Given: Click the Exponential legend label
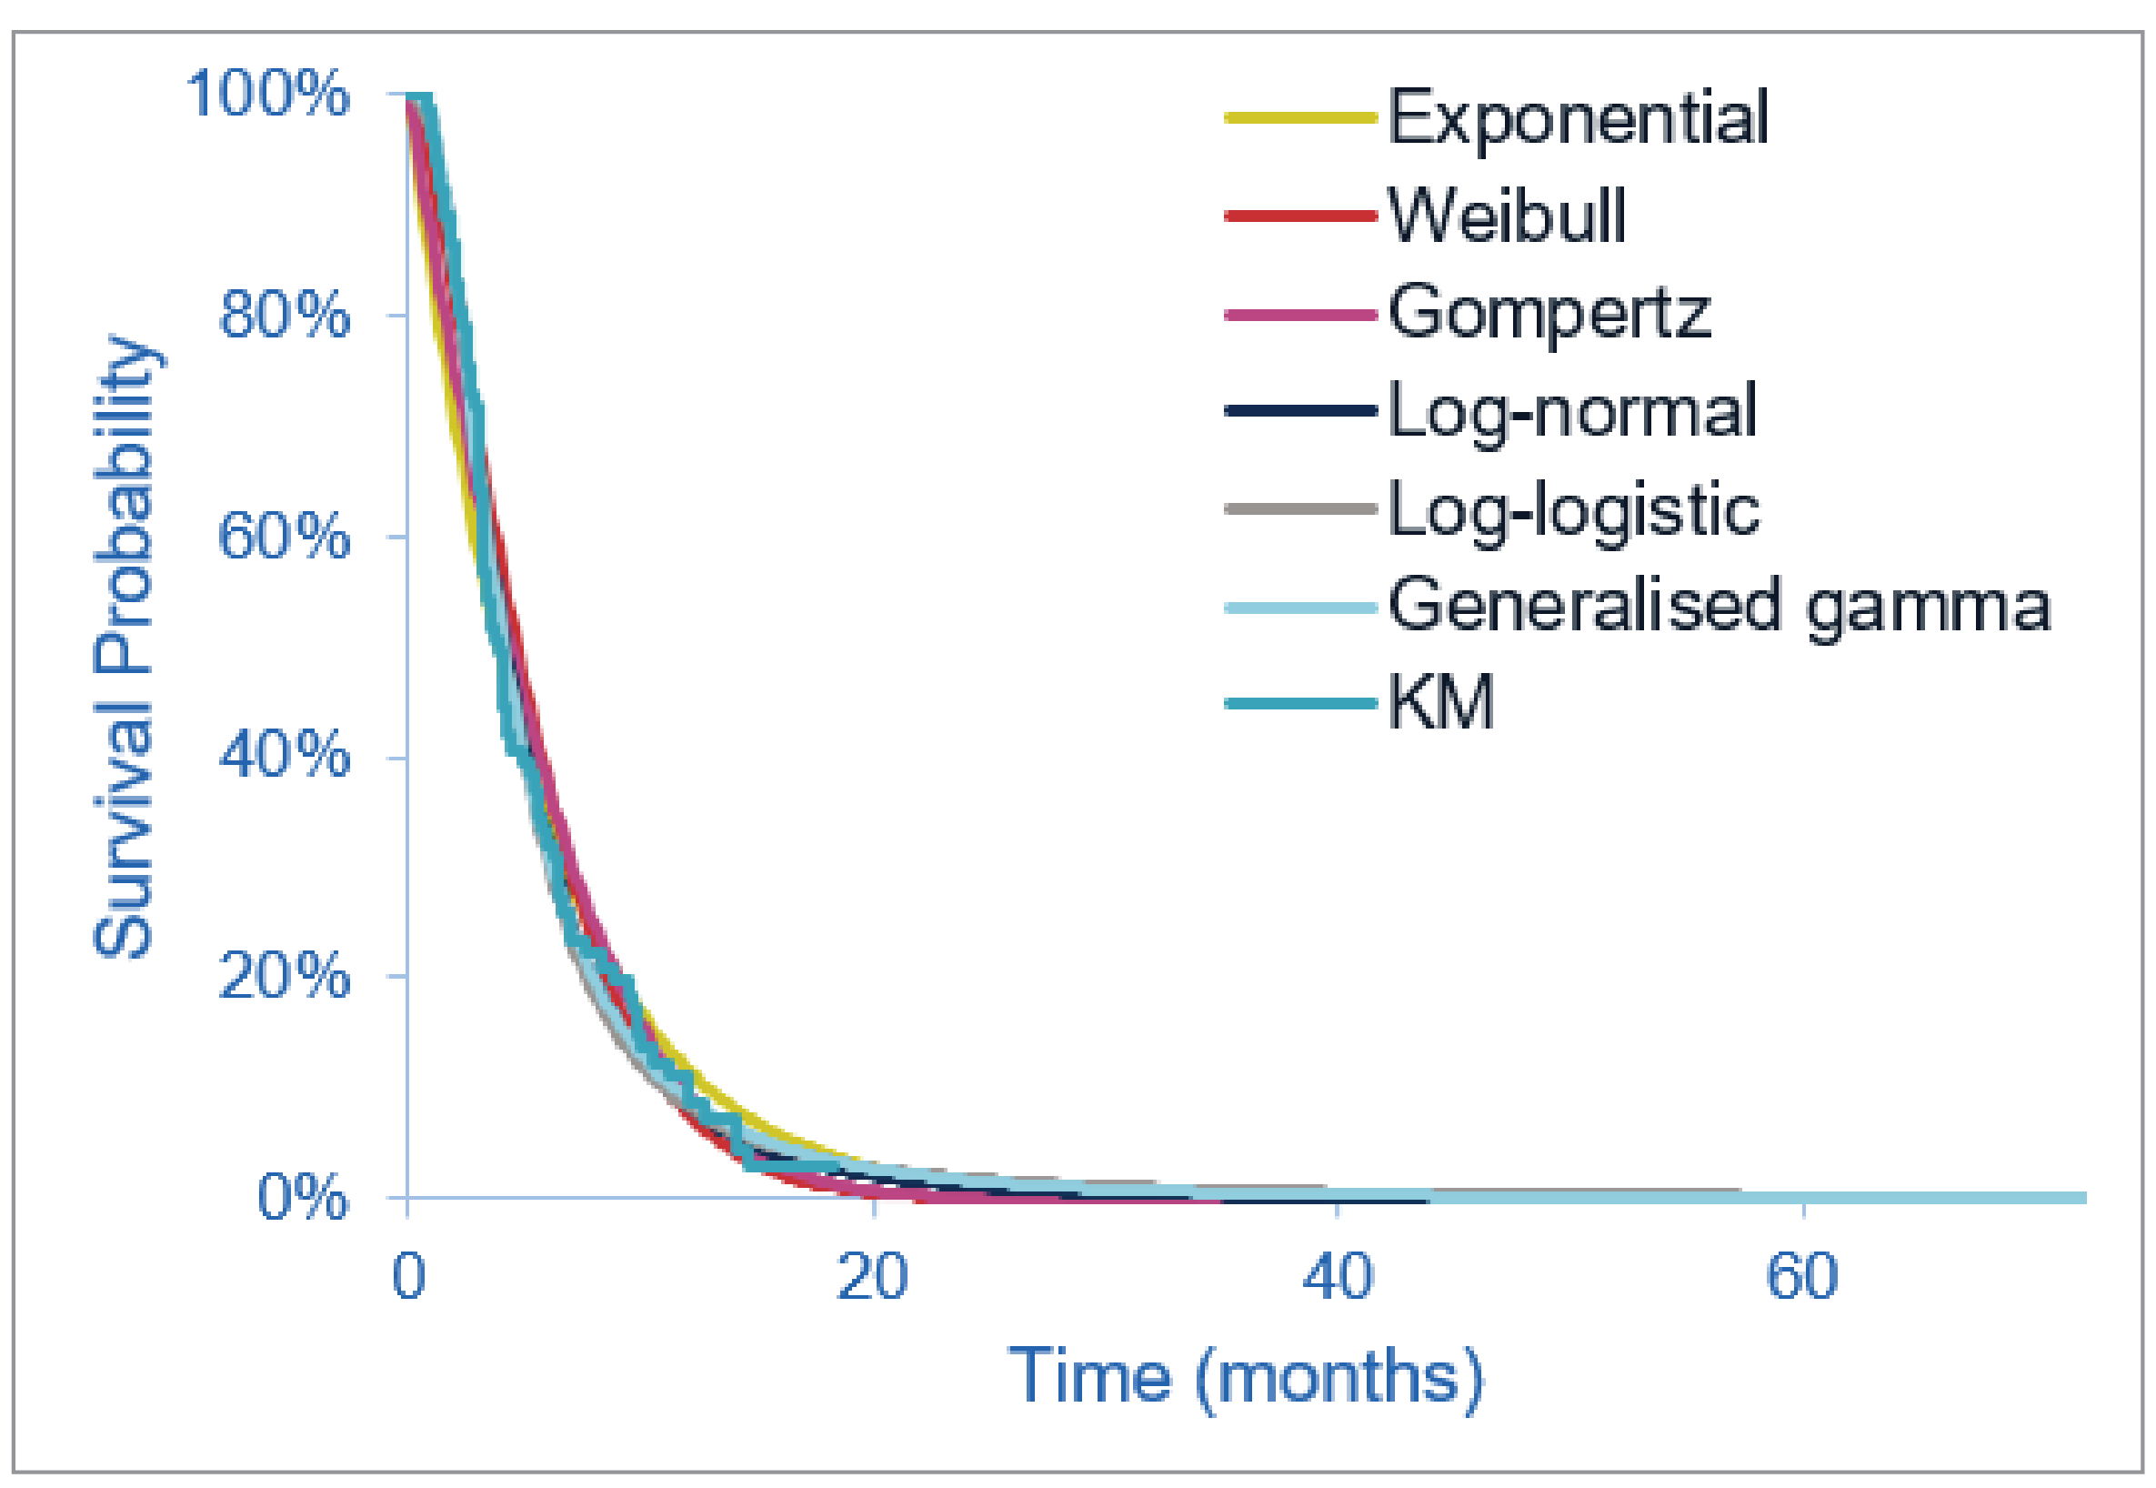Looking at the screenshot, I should (x=1577, y=118).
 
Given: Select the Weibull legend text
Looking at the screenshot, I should (x=1507, y=216).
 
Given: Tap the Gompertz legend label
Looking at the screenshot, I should (x=1549, y=314).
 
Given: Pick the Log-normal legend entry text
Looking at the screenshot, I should (x=1572, y=412).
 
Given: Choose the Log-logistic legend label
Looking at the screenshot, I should (x=1573, y=511).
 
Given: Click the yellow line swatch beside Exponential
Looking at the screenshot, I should (x=1300, y=118).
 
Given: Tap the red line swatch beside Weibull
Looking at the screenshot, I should (x=1300, y=216).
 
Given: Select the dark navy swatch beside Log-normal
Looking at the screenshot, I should (x=1300, y=411).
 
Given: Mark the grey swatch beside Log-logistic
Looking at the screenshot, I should (x=1300, y=509).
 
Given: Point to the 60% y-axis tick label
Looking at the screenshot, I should (x=284, y=537).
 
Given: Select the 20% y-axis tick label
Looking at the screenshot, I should (x=284, y=978).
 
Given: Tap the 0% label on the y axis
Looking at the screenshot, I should (x=303, y=1198).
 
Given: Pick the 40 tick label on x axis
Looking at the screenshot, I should (x=1338, y=1276).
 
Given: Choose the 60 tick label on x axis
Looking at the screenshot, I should (x=1802, y=1276).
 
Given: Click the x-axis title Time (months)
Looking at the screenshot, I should (x=1247, y=1377).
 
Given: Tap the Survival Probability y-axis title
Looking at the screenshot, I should (x=123, y=645).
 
